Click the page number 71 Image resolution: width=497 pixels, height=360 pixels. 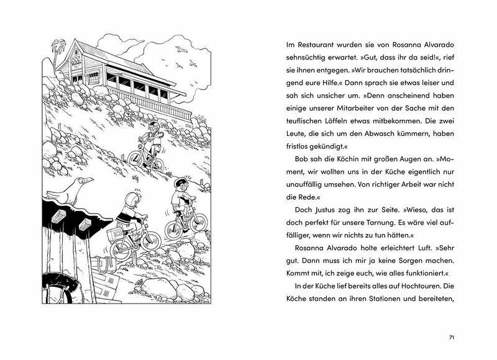click(x=452, y=337)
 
